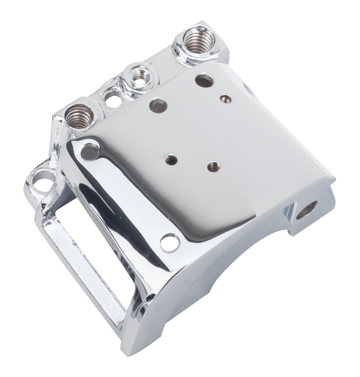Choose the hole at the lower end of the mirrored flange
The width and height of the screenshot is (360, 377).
[x=168, y=242]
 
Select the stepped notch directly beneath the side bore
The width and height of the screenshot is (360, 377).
[x=299, y=232]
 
